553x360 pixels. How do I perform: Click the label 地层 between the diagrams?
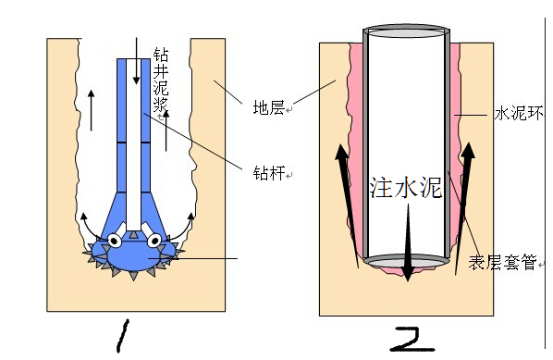(x=269, y=107)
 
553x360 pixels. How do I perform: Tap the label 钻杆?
(x=269, y=173)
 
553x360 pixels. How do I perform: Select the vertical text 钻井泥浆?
(x=161, y=80)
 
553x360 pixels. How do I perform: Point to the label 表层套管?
(x=503, y=263)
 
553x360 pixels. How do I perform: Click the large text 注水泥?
(x=406, y=187)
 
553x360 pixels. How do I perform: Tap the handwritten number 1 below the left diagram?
(x=123, y=336)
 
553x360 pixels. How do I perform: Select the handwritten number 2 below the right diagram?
(x=412, y=340)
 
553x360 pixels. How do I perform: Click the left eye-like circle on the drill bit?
(x=115, y=241)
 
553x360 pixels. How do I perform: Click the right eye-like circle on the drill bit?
(x=154, y=241)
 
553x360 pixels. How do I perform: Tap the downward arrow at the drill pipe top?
(x=136, y=61)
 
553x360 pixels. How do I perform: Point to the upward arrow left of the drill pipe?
(x=92, y=110)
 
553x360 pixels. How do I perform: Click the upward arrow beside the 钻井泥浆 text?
(x=166, y=130)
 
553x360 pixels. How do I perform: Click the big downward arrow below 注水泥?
(x=408, y=242)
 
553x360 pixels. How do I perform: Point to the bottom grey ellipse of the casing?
(x=407, y=262)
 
